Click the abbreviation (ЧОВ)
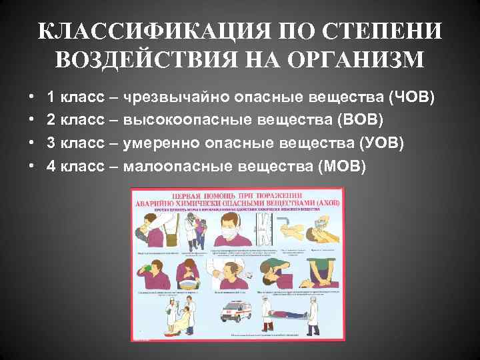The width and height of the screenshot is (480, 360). coord(411,98)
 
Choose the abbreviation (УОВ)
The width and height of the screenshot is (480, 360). coord(380,143)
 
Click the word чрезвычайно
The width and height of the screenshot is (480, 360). coord(173,98)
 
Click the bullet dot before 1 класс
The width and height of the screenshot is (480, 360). coord(33,99)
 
